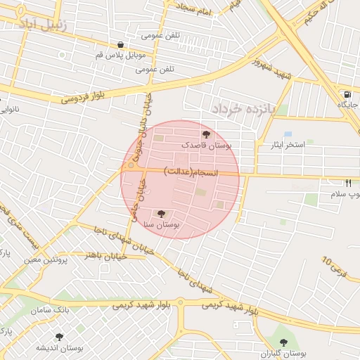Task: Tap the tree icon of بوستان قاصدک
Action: click(x=205, y=134)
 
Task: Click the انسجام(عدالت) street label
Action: click(x=192, y=172)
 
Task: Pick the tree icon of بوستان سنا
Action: click(x=161, y=213)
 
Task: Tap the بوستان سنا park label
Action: click(x=161, y=224)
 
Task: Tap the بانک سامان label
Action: click(x=51, y=310)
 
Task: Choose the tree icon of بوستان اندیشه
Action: click(x=59, y=337)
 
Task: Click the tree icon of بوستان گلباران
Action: click(x=283, y=342)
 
